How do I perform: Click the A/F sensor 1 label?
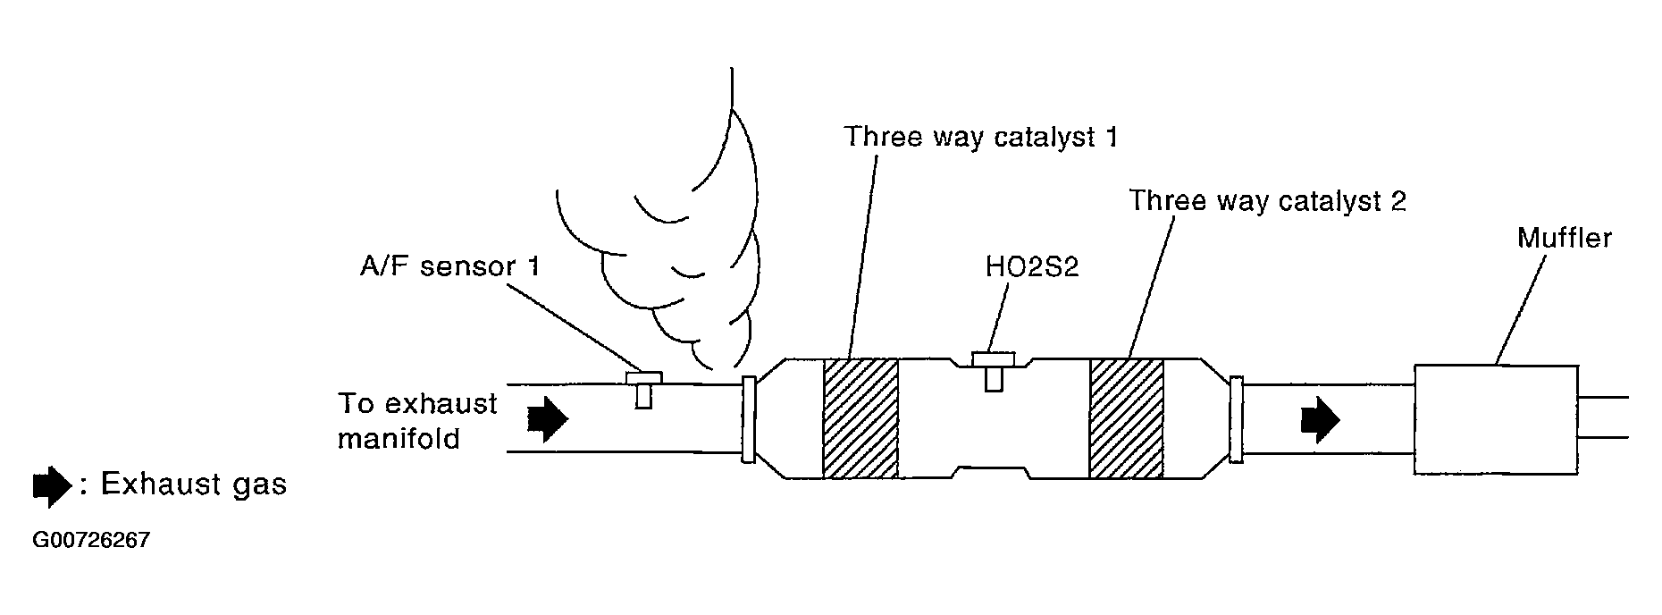(x=449, y=266)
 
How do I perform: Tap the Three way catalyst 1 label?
(x=980, y=138)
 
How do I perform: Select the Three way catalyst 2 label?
(x=1267, y=201)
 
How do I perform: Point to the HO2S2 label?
(x=1032, y=266)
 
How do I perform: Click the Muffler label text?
(x=1565, y=238)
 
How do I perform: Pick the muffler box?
(x=1497, y=418)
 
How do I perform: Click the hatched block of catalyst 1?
(x=860, y=418)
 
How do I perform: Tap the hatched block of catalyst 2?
(x=1126, y=418)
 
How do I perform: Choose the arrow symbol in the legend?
(x=51, y=485)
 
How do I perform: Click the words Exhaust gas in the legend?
(x=193, y=484)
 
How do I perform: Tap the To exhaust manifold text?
(x=416, y=421)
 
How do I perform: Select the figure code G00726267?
(x=91, y=541)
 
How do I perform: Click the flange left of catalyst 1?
(x=749, y=419)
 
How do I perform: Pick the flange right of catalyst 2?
(x=1237, y=419)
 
